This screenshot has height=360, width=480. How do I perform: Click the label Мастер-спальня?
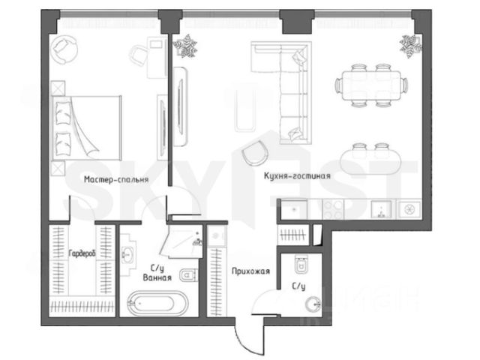[x=116, y=180]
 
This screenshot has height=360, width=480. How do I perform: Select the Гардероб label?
[x=81, y=254]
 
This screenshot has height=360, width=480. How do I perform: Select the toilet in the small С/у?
[x=302, y=265]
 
